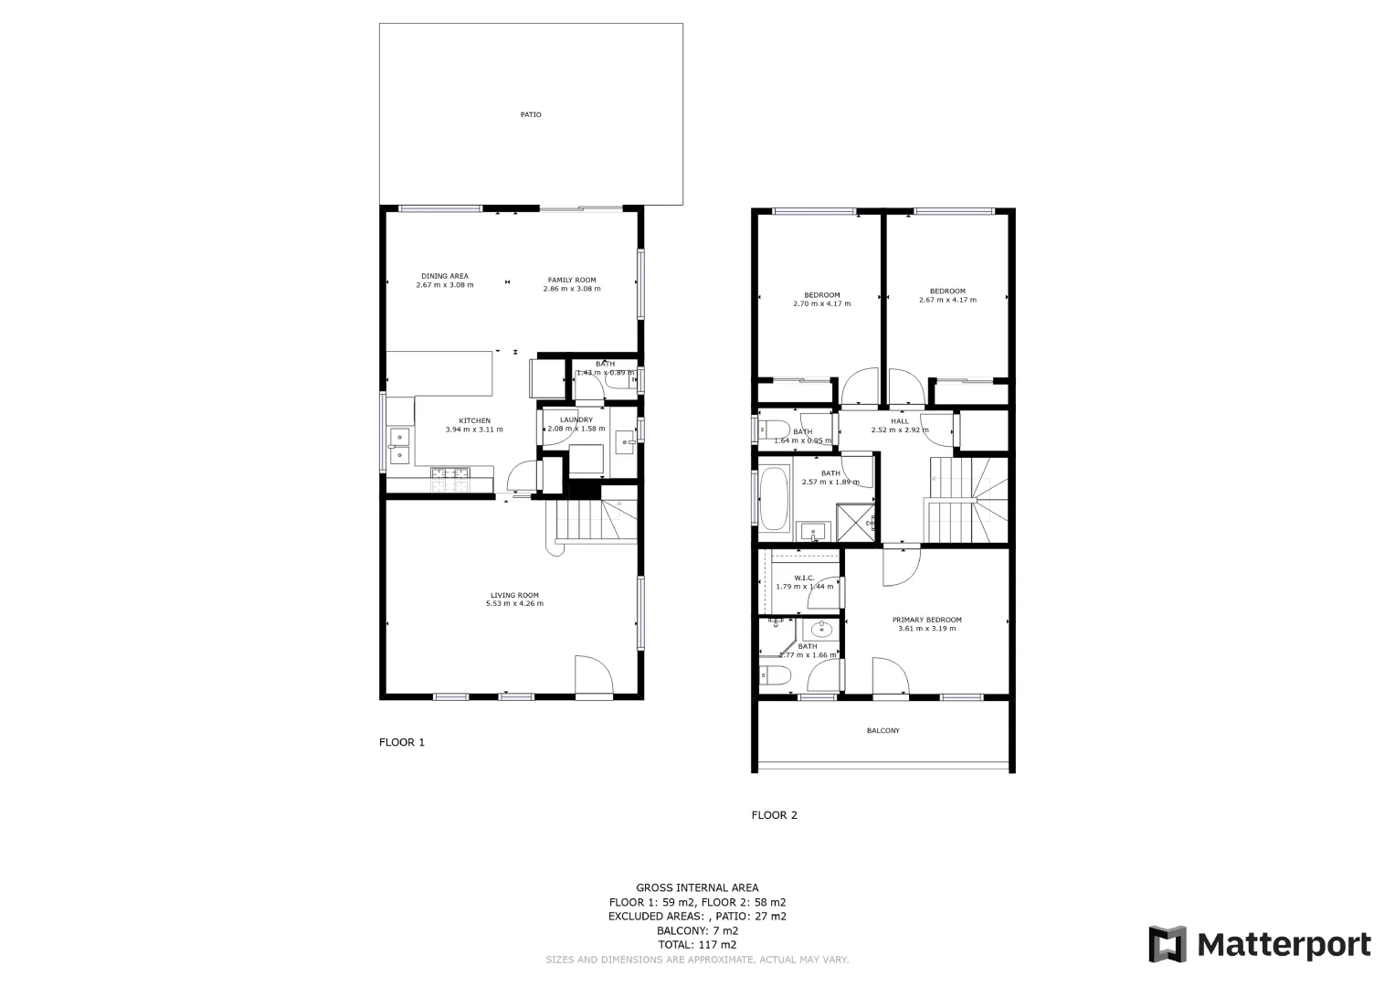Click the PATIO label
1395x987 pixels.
531,115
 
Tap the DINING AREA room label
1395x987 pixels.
445,276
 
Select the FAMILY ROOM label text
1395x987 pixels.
572,280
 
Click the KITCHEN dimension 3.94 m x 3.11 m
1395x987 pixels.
474,430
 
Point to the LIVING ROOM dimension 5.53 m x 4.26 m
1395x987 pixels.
514,603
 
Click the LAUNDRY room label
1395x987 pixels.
576,420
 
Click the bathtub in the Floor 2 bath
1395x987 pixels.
774,500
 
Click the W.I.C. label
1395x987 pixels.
804,578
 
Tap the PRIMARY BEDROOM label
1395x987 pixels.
926,620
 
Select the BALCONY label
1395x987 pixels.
882,731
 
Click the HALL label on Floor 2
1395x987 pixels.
900,421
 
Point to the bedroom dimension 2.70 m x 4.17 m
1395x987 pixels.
821,303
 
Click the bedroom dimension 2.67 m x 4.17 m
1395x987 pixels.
947,300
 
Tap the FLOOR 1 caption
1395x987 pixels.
402,742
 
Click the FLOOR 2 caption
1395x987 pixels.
774,815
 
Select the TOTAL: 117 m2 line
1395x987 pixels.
697,945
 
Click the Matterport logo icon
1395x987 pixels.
1167,944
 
